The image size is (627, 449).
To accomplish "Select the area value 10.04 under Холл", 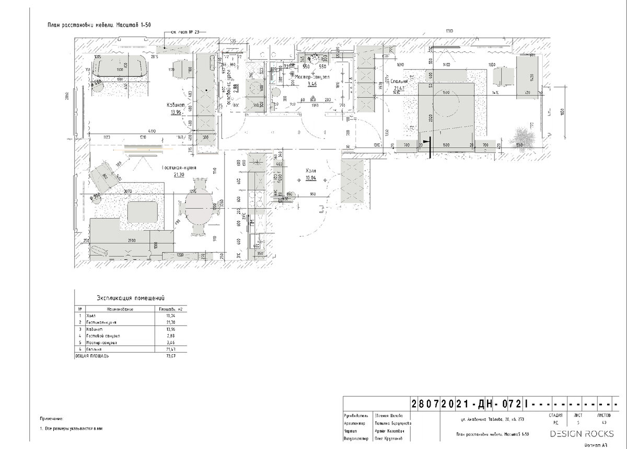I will click(x=311, y=178).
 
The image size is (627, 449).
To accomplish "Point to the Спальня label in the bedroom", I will click(x=399, y=82).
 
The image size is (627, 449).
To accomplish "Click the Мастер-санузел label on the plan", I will click(x=311, y=77).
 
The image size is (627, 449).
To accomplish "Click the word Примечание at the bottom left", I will click(x=51, y=419).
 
